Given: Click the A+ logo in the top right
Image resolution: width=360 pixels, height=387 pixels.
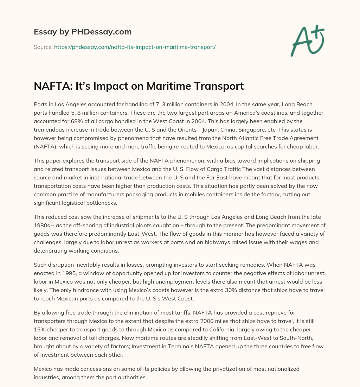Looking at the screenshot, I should point(307,41).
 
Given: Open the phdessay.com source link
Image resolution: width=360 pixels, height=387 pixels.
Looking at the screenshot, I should point(135,47).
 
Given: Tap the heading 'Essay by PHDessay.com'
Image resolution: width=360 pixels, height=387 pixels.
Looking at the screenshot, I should point(83,32).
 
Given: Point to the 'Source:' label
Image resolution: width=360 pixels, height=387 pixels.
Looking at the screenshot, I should point(43,47).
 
